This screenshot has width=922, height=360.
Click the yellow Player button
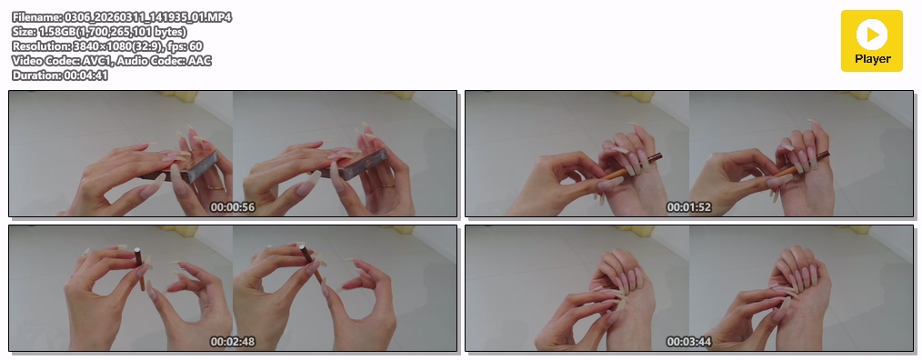[871, 41]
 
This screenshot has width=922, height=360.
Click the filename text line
[122, 17]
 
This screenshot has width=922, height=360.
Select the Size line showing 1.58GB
[99, 32]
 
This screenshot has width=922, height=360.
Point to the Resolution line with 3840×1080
[107, 45]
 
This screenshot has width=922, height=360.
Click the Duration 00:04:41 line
[60, 75]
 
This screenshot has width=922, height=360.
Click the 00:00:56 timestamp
[233, 207]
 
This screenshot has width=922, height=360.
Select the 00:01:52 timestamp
[688, 207]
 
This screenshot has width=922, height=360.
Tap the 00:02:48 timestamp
[233, 342]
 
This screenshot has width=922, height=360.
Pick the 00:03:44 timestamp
[688, 342]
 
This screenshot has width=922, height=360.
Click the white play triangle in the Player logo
[873, 35]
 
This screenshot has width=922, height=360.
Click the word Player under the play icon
[873, 59]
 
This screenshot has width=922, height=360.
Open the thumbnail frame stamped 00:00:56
[233, 154]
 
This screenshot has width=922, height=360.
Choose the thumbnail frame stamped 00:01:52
[689, 154]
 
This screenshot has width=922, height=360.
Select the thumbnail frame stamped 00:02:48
[233, 288]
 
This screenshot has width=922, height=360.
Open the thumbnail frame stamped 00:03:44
[689, 288]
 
